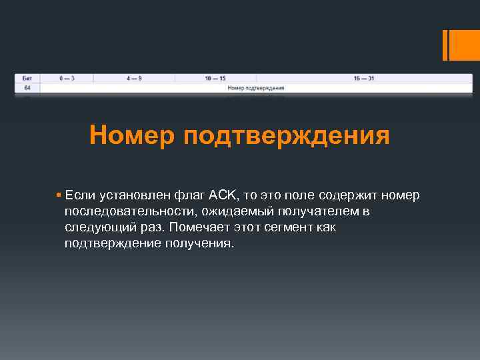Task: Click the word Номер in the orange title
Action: pos(131,136)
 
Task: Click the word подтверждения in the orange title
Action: pos(285,136)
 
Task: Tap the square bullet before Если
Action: pos(59,195)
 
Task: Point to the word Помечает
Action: pos(197,227)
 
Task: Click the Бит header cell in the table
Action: pos(27,78)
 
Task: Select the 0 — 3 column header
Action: pos(67,78)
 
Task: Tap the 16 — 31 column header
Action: pos(364,78)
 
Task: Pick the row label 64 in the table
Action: pos(27,87)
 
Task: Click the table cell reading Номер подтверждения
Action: pos(256,87)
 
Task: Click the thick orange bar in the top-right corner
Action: pos(445,45)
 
